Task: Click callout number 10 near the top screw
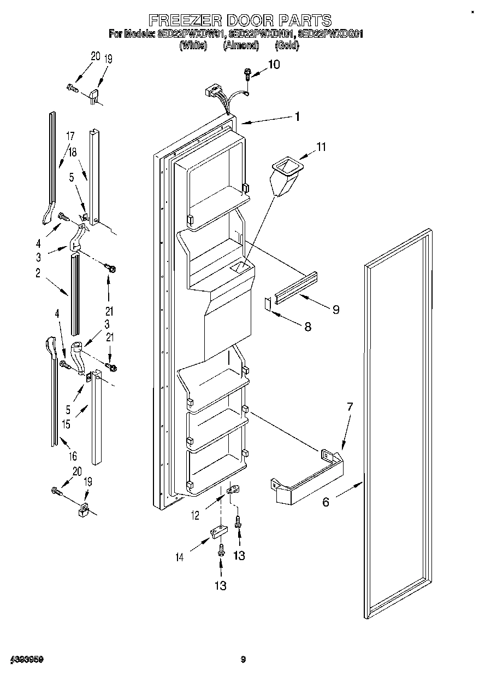coord(274,65)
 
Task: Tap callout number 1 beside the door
coord(297,116)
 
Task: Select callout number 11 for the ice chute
coord(321,147)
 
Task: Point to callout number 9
coord(335,310)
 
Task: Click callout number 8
coord(307,327)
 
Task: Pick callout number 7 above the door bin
coord(350,406)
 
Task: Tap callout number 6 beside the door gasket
coord(326,501)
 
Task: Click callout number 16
coord(73,456)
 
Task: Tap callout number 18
coord(73,153)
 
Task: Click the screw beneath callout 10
coord(248,73)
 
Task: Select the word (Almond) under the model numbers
coord(240,45)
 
